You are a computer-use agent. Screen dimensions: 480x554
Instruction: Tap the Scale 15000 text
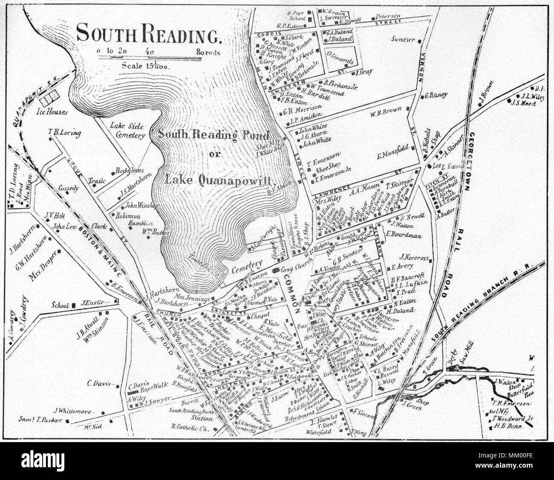pyautogui.click(x=146, y=66)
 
